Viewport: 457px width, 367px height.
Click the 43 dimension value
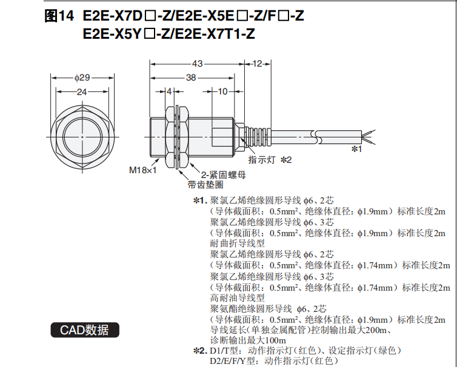tap(198, 64)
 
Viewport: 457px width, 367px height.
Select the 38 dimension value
tap(191, 78)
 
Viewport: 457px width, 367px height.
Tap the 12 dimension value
tap(257, 64)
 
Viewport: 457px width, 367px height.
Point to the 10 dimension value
tap(222, 91)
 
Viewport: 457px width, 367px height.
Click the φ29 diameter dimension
tap(82, 78)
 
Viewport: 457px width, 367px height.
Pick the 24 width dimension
tap(82, 91)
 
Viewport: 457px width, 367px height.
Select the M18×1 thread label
tap(143, 170)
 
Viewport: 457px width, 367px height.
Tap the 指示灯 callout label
tap(262, 160)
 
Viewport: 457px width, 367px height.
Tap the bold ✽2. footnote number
tap(200, 351)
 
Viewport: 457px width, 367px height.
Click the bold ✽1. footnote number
tap(200, 200)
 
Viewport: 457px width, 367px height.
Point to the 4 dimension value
tap(168, 91)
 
